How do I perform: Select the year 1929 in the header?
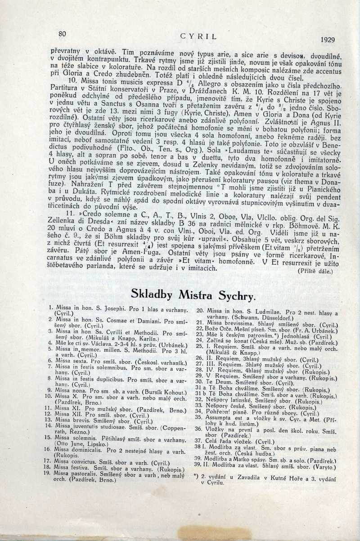328,40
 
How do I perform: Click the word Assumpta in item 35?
220,416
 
